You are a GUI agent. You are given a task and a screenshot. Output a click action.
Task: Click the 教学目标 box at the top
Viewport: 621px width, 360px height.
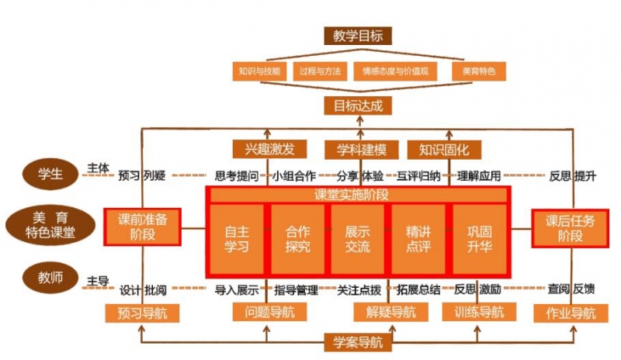tap(358, 35)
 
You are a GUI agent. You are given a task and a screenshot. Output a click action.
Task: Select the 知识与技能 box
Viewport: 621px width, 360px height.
tap(260, 71)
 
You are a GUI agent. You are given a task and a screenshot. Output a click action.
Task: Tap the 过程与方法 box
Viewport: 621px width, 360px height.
tap(319, 71)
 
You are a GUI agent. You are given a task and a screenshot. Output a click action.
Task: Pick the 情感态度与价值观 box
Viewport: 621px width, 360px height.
tap(395, 71)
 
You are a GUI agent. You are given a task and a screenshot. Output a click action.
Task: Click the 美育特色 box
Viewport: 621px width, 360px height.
tap(477, 71)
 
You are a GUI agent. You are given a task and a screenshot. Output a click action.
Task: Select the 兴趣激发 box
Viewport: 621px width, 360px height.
tap(269, 147)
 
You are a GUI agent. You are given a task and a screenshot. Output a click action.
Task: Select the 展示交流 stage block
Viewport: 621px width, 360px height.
tap(358, 238)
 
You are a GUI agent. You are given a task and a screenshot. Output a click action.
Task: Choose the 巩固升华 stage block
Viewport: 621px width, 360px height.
tap(479, 238)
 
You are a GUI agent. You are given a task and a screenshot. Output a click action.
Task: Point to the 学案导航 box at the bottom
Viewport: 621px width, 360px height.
tap(358, 341)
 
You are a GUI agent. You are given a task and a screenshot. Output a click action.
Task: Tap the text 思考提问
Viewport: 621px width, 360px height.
tap(237, 175)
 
